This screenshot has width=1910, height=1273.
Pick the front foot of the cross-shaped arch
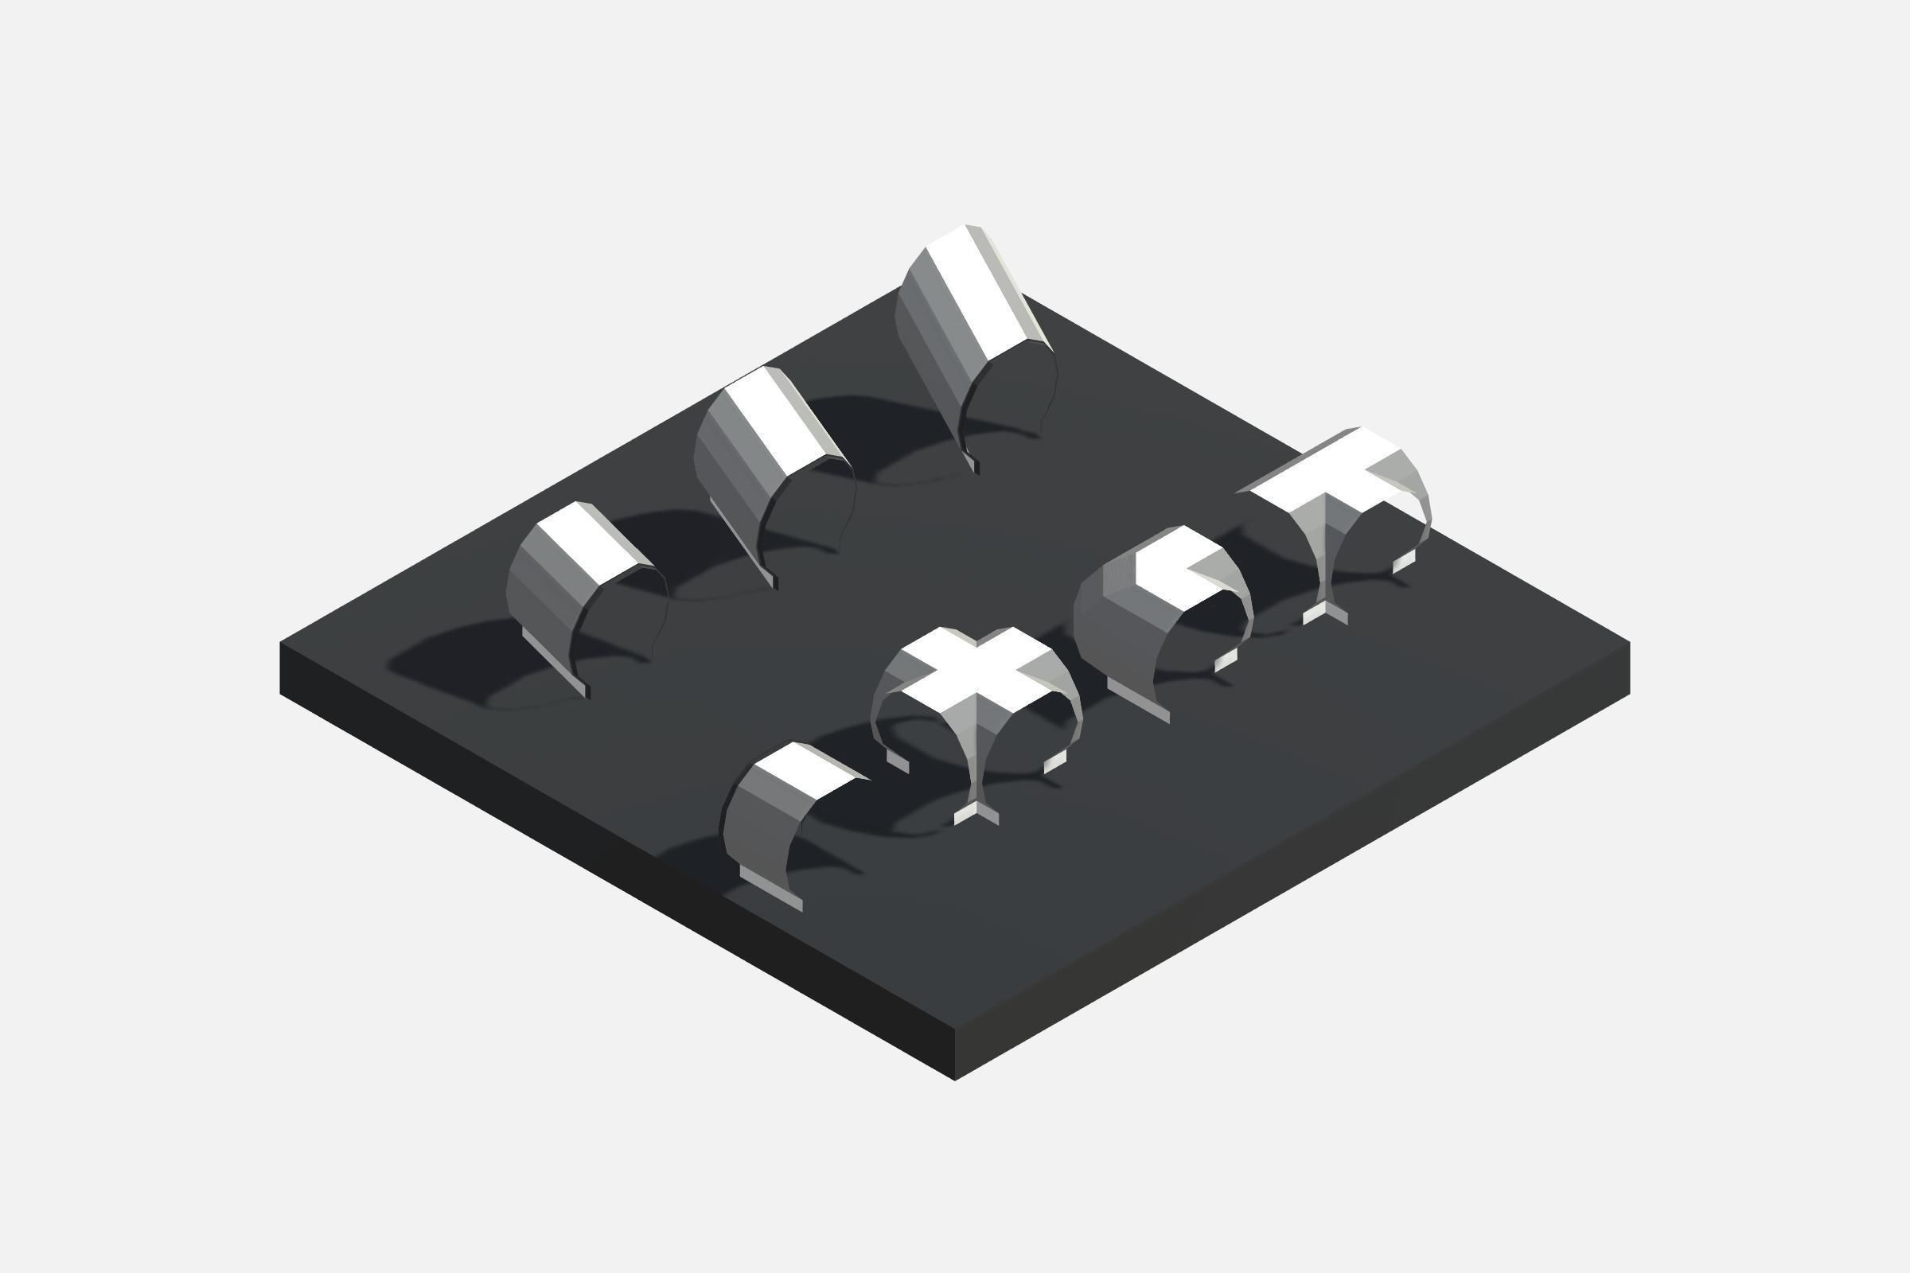tap(976, 812)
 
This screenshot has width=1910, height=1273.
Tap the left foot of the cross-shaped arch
tap(898, 761)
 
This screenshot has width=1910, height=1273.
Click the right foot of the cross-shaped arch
tap(1055, 761)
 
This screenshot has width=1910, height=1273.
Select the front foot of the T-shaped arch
tap(1325, 612)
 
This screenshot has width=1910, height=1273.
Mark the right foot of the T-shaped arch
tap(1404, 561)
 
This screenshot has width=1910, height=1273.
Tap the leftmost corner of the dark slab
tap(281, 643)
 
